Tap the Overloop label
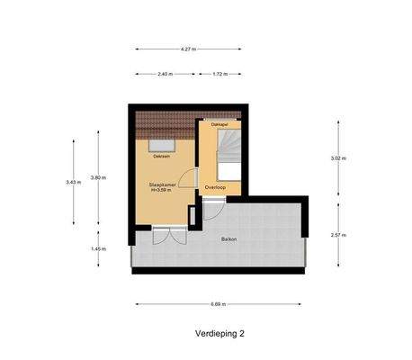coord(214,187)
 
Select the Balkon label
coord(229,238)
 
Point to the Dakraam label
coord(162,156)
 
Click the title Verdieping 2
coord(219,333)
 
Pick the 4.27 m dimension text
coord(188,49)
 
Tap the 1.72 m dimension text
coord(219,74)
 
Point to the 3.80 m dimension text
coord(98,178)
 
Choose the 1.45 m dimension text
coord(98,249)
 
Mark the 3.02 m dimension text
coord(339,158)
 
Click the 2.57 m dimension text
coord(339,234)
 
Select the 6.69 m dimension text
coord(219,303)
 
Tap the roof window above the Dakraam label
coord(162,142)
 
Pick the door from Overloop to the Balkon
coord(210,211)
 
